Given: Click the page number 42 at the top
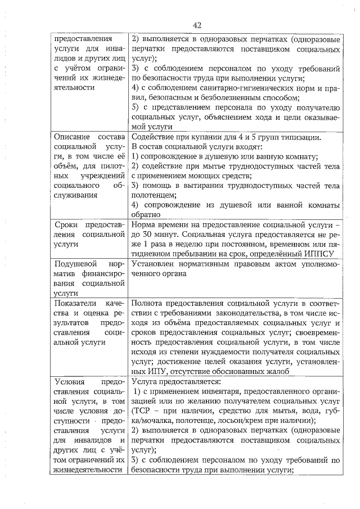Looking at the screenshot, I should pyautogui.click(x=196, y=25).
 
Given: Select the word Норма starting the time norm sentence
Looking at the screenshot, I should pyautogui.click(x=144, y=225).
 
